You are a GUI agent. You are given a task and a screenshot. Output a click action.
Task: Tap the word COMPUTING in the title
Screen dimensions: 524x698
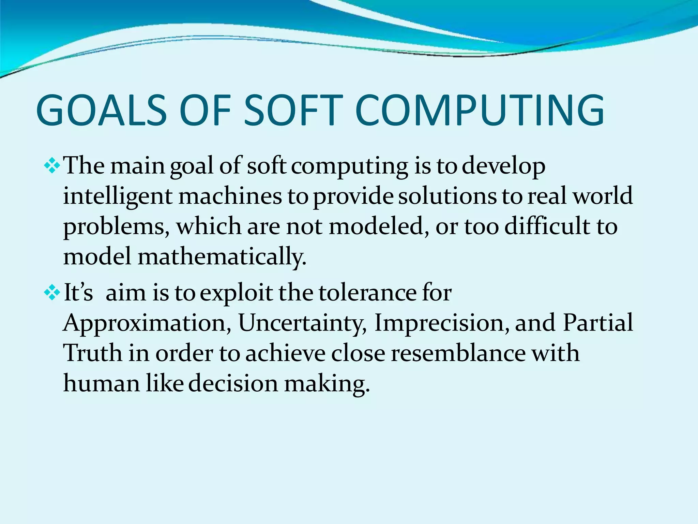pos(480,110)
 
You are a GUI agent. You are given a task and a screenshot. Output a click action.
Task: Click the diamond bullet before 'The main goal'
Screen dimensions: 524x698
pos(52,166)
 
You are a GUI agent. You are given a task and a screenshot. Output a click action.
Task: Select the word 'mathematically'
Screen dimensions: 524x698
pos(222,257)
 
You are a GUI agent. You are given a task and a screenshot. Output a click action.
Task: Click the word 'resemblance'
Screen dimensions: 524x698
pos(458,353)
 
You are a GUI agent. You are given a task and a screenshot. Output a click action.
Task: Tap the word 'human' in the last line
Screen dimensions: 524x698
pos(102,383)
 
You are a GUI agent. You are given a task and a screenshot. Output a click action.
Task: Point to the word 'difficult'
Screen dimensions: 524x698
pos(547,227)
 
